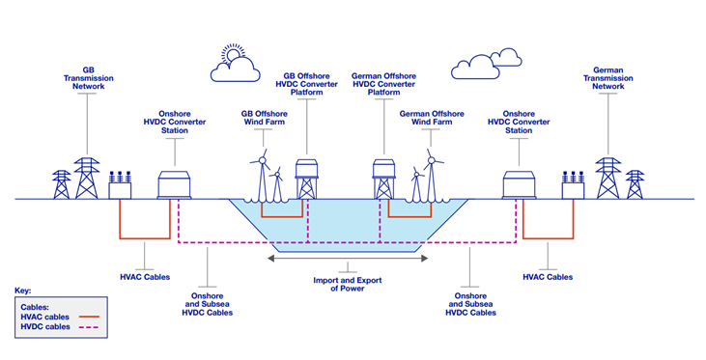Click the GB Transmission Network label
[x=88, y=78]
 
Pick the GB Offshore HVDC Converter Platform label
[x=307, y=84]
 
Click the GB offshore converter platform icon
[x=307, y=180]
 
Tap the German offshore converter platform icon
[x=386, y=180]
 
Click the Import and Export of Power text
[x=347, y=283]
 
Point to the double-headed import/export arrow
[x=347, y=258]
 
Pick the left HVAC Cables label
[x=145, y=277]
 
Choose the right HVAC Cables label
[x=548, y=277]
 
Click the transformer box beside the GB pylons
[x=123, y=186]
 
